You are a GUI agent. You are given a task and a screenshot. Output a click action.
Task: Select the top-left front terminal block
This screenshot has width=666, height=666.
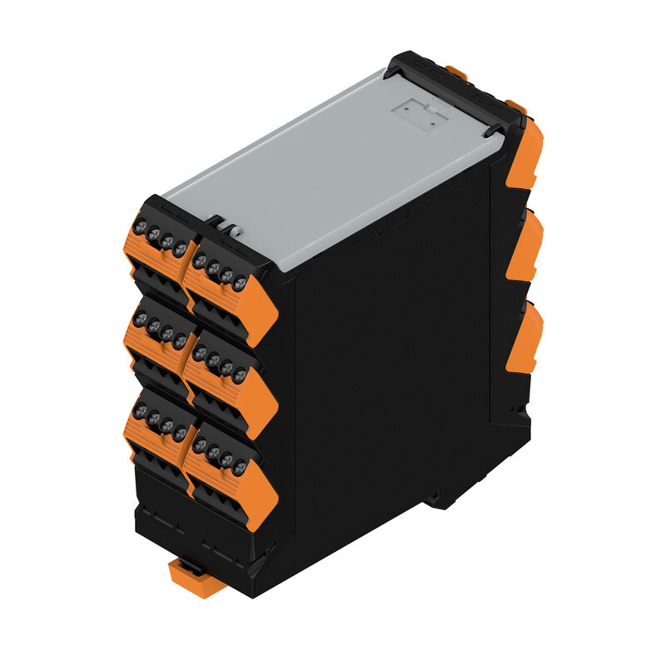click(x=160, y=250)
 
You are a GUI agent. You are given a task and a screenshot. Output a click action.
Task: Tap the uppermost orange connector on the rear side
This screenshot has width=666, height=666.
click(x=524, y=154)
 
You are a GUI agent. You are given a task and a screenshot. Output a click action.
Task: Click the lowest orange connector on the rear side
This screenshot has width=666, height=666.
click(x=524, y=337)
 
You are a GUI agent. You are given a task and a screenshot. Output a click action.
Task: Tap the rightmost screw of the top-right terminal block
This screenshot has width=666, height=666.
click(x=240, y=284)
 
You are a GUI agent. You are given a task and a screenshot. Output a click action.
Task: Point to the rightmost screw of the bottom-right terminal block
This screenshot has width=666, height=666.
click(x=240, y=468)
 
